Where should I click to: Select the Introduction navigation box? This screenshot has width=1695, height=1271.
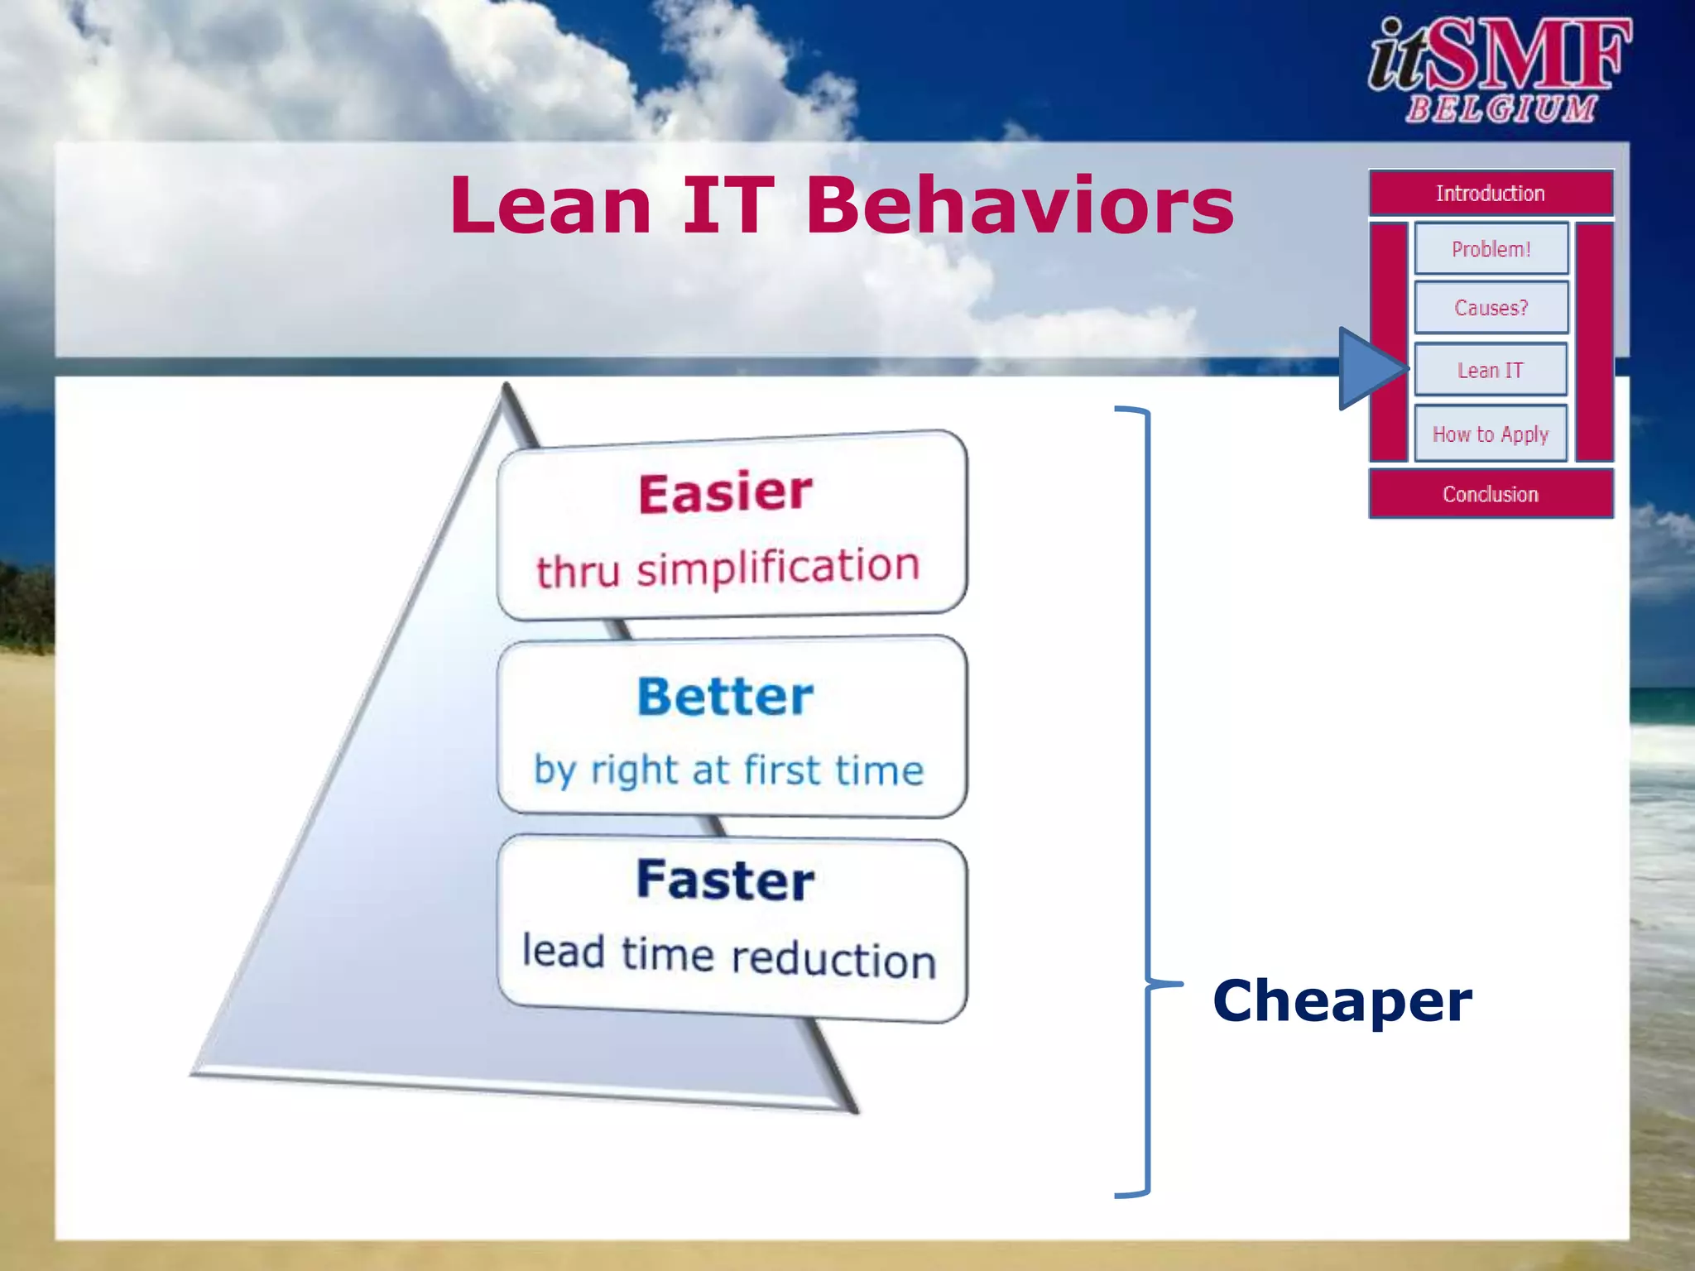(x=1491, y=193)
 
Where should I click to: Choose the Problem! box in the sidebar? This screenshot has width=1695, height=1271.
(x=1491, y=248)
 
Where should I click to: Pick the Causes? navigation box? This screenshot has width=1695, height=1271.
(x=1491, y=308)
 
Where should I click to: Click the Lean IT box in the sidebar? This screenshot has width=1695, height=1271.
(x=1491, y=370)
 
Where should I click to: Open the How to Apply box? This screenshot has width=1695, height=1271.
(x=1491, y=434)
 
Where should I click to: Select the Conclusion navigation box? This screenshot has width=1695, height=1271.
(x=1491, y=494)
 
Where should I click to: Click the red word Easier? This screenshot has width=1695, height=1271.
(x=725, y=493)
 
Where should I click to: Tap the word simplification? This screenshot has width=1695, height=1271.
(x=778, y=568)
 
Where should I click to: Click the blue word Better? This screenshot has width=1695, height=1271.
(x=725, y=696)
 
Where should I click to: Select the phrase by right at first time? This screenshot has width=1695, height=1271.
(x=728, y=770)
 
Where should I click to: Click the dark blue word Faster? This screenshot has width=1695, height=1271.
(x=725, y=880)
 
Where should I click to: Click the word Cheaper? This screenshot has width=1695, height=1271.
(x=1342, y=1000)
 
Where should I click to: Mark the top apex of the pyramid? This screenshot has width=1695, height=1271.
(x=506, y=388)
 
